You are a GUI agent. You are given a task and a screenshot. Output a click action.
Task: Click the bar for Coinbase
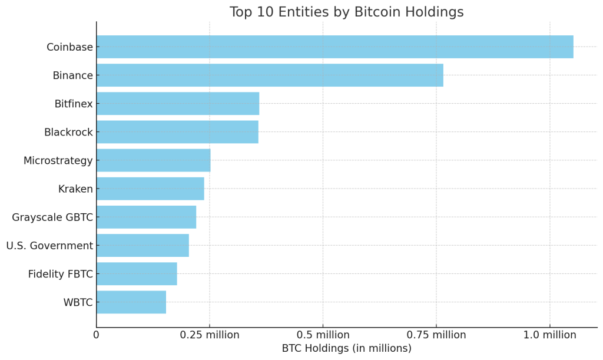click(334, 47)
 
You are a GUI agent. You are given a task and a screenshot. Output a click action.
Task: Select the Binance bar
click(270, 75)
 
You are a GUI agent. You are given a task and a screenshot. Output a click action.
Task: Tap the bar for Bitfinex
click(178, 104)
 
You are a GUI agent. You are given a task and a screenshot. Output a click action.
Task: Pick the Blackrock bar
click(177, 132)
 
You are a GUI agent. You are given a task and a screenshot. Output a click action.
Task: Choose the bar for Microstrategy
click(153, 160)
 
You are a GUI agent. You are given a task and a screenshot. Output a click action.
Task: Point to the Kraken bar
click(150, 189)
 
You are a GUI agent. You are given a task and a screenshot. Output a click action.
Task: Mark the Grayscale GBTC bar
click(146, 217)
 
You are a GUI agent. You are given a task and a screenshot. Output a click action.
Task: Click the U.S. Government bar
click(143, 245)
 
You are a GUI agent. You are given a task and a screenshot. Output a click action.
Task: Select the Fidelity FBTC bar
click(137, 273)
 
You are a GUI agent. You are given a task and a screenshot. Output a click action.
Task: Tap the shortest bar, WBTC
click(131, 302)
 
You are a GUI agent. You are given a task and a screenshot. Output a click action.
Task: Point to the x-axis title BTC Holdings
click(346, 348)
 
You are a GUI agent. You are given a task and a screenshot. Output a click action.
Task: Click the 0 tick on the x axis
click(97, 335)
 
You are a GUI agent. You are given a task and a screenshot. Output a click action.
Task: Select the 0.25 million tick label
click(210, 335)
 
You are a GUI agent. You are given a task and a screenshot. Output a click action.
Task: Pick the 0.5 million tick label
click(323, 335)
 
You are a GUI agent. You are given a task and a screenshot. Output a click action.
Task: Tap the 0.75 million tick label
click(436, 335)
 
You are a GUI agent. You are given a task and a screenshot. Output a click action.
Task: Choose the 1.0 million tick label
click(549, 335)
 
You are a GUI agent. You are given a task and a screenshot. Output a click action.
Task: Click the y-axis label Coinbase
click(69, 47)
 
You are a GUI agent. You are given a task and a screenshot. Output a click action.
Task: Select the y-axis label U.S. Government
click(49, 245)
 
